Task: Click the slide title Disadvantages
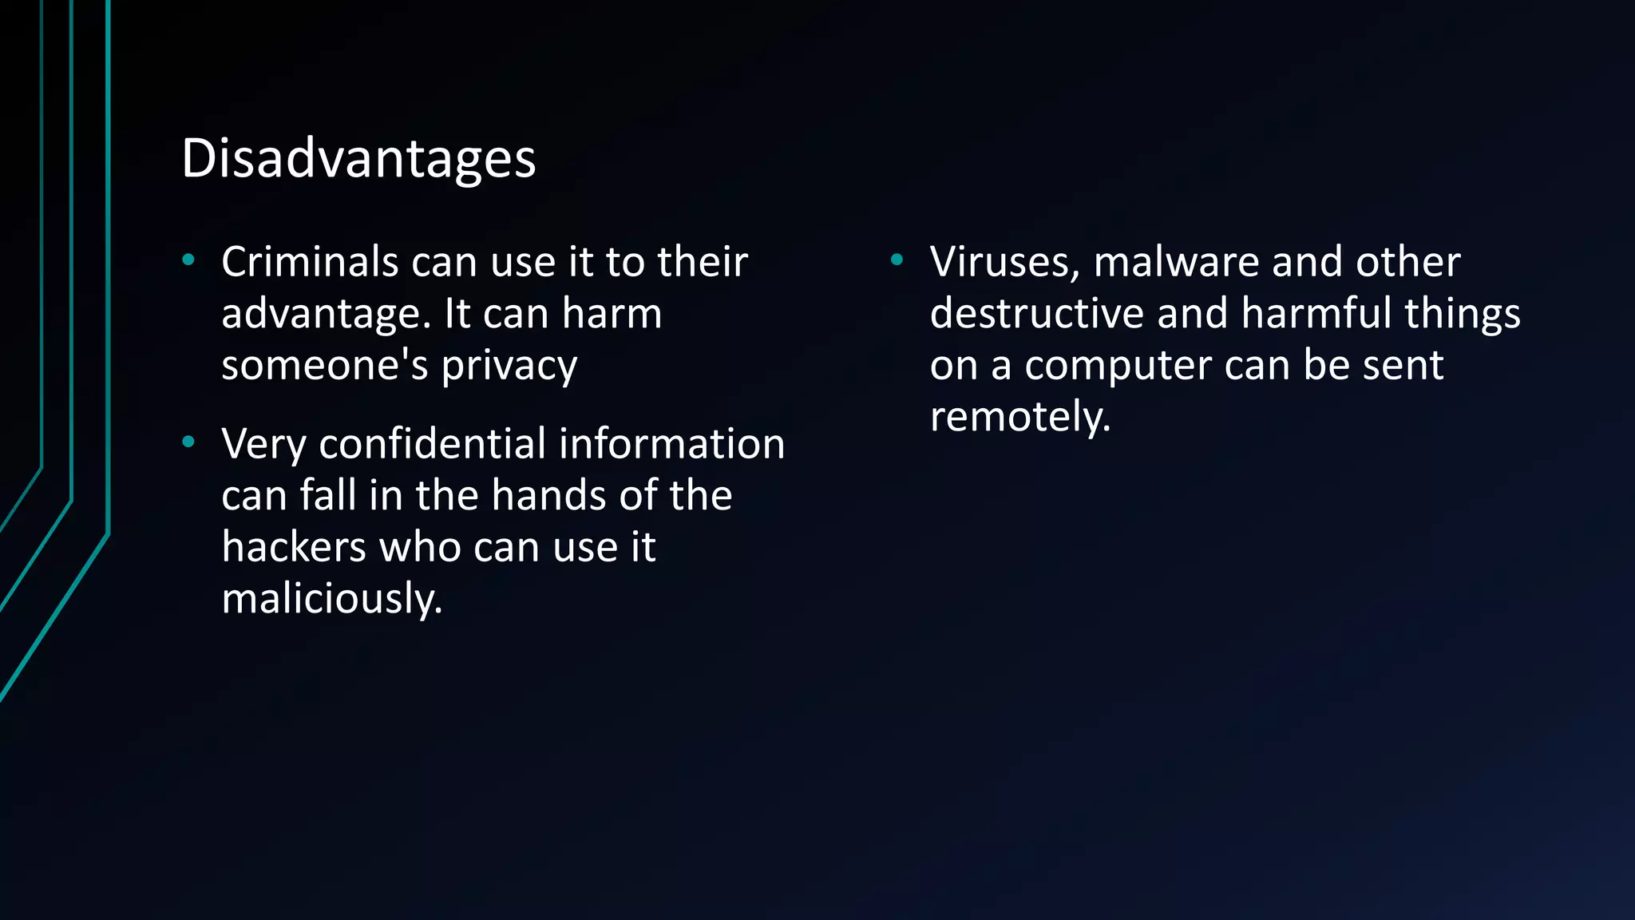pos(358,158)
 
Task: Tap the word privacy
pos(509,367)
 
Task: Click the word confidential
pos(433,444)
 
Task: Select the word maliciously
pos(331,599)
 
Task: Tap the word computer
pos(1118,367)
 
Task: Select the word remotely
pos(1019,417)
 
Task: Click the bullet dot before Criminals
pos(188,260)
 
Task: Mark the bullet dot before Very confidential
pos(188,442)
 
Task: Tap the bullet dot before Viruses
pos(897,260)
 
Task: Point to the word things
pos(1463,313)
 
